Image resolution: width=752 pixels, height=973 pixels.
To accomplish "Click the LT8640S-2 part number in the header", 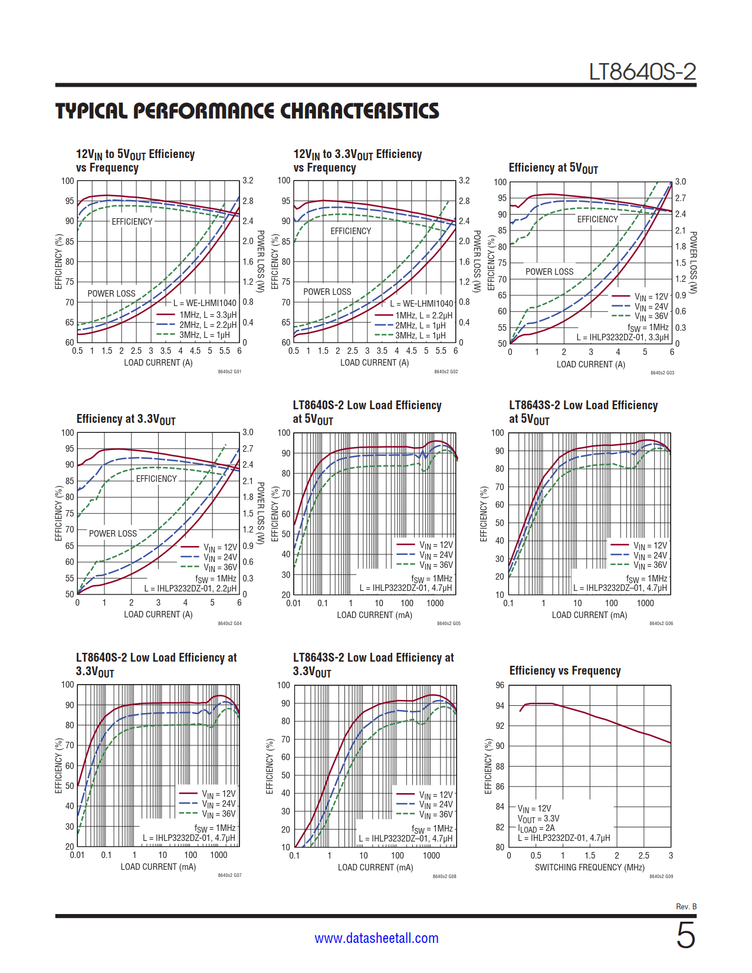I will pyautogui.click(x=642, y=72).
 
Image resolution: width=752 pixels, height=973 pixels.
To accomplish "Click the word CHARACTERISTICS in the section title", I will pyautogui.click(x=359, y=111).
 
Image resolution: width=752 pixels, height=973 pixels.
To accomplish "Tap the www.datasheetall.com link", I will pyautogui.click(x=376, y=938).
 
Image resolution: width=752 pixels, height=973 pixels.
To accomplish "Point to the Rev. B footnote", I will pyautogui.click(x=686, y=906).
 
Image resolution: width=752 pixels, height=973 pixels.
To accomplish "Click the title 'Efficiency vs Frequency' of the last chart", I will pyautogui.click(x=564, y=670).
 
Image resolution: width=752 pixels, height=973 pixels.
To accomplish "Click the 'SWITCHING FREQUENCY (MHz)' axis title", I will pyautogui.click(x=589, y=867).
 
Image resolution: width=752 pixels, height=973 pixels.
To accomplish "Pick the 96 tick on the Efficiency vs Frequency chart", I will pyautogui.click(x=500, y=685).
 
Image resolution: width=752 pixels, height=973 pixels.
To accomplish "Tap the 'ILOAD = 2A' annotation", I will pyautogui.click(x=536, y=829).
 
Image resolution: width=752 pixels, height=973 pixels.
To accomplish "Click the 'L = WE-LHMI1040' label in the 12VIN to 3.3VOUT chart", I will pyautogui.click(x=422, y=304).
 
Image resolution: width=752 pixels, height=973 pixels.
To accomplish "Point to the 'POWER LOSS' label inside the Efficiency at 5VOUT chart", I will pyautogui.click(x=549, y=272).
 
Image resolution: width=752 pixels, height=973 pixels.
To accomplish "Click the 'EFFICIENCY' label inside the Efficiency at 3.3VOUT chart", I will pyautogui.click(x=156, y=479).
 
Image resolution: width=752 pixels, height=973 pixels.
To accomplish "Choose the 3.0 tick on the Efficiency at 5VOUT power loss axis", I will pyautogui.click(x=681, y=182).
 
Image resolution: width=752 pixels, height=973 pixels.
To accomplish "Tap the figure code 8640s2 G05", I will pyautogui.click(x=448, y=623).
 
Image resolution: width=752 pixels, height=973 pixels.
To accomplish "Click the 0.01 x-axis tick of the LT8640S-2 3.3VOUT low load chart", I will pyautogui.click(x=77, y=855).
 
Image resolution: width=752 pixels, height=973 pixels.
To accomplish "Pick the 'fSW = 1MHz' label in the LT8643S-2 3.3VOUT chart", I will pyautogui.click(x=432, y=829).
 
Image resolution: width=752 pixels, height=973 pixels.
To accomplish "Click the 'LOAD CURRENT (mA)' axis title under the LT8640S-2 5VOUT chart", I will pyautogui.click(x=375, y=615).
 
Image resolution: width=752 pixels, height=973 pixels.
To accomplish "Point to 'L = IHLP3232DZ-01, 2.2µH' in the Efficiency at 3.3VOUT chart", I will pyautogui.click(x=191, y=589).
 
